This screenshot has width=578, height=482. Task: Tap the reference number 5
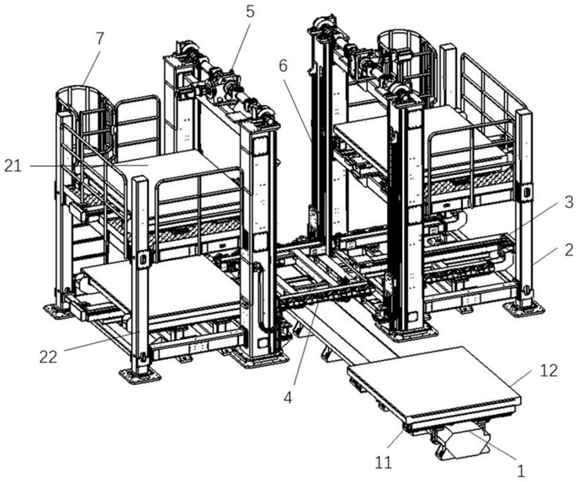(x=250, y=12)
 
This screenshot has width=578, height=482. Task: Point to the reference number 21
(x=13, y=166)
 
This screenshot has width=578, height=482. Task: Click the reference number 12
(x=549, y=370)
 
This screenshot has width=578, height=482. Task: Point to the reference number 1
(x=521, y=471)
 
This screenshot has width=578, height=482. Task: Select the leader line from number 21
(x=87, y=166)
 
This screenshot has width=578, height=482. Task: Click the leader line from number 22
(x=98, y=344)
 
